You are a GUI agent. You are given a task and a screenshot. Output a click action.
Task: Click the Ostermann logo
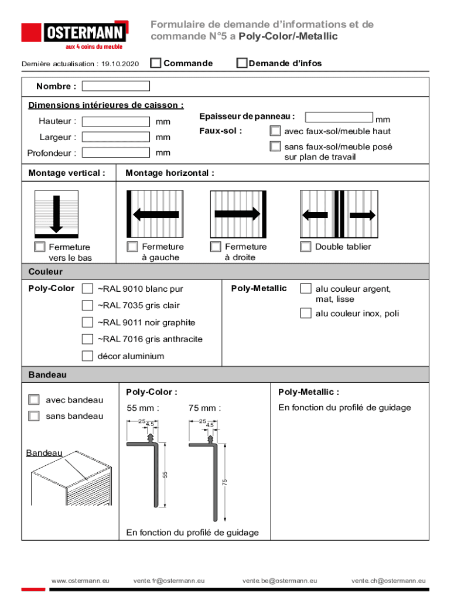tap(76, 34)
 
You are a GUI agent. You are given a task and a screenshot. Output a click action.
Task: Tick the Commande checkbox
tap(156, 63)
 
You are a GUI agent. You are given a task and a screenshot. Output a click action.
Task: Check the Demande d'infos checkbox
tap(242, 63)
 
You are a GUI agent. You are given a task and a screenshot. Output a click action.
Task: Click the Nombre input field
tap(116, 86)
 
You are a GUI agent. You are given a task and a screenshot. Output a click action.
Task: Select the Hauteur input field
tap(116, 122)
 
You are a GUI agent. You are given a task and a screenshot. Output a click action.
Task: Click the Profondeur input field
tap(116, 153)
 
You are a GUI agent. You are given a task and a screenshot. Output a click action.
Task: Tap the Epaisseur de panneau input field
tap(339, 117)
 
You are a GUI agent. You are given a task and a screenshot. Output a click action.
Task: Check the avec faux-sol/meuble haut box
tap(275, 131)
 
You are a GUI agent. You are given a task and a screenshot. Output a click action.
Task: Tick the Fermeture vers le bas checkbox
tap(40, 247)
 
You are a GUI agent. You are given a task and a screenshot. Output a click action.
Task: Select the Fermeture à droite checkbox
tap(216, 247)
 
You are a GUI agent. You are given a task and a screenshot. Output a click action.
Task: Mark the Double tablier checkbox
tap(306, 247)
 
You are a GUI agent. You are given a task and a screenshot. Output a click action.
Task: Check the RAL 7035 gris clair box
tap(87, 305)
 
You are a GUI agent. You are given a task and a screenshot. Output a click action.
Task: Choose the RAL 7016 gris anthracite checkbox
tap(87, 339)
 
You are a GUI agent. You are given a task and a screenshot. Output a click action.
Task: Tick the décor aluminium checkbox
tap(87, 356)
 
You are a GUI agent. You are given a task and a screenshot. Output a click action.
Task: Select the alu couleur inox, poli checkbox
tap(306, 313)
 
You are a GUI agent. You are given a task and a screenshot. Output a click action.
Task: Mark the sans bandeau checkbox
tap(34, 416)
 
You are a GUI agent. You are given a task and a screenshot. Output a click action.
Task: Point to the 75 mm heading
tap(204, 408)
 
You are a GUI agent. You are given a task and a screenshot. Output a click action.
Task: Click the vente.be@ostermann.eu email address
tap(280, 581)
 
